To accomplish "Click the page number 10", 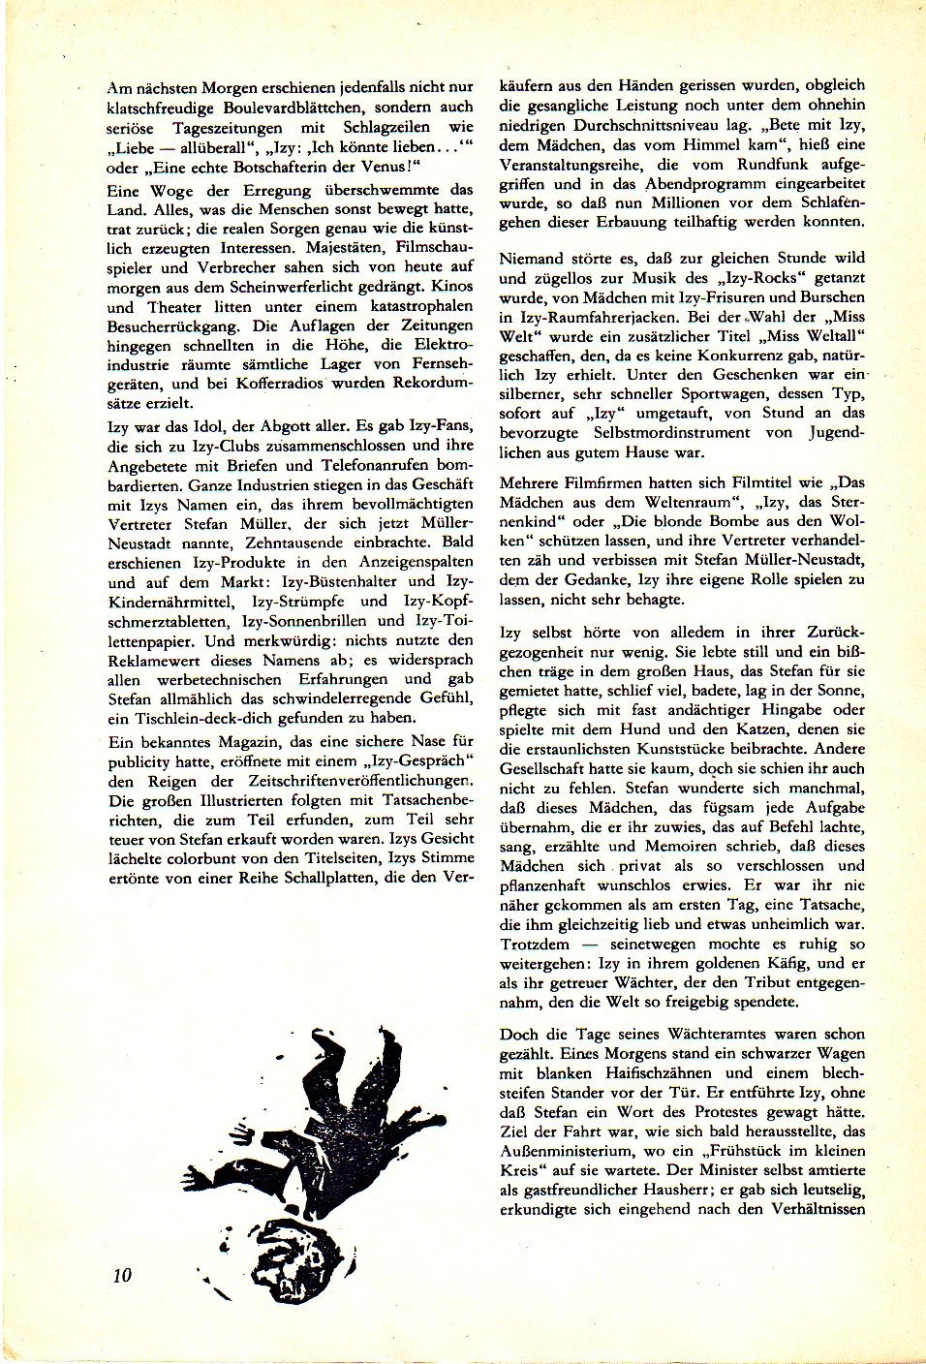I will click(x=121, y=1274).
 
